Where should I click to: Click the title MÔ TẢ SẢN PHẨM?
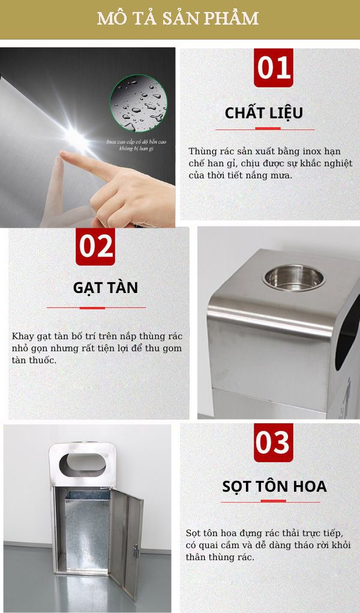pyautogui.click(x=178, y=19)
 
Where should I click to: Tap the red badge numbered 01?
pyautogui.click(x=274, y=68)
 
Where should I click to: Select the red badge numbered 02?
pyautogui.click(x=95, y=246)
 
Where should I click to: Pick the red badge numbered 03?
pyautogui.click(x=273, y=442)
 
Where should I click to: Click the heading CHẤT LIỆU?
pyautogui.click(x=264, y=113)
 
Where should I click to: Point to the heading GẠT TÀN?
pyautogui.click(x=106, y=288)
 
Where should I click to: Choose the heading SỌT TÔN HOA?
pyautogui.click(x=266, y=486)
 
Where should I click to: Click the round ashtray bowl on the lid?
pyautogui.click(x=293, y=277)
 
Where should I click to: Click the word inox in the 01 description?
pyautogui.click(x=317, y=151)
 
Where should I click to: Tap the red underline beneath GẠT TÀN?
pyautogui.click(x=96, y=307)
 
